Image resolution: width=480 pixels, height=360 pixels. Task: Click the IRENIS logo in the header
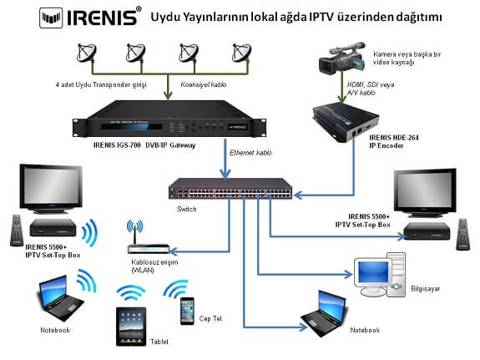[x=91, y=18]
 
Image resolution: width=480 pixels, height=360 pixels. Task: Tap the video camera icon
[x=342, y=58]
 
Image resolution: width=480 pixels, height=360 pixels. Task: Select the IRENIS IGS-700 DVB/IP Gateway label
[x=144, y=145]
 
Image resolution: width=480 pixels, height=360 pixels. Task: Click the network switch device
[x=230, y=189]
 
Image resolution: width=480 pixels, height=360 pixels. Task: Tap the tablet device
[x=131, y=327]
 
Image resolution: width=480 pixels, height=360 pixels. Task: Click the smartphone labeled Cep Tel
[x=187, y=311]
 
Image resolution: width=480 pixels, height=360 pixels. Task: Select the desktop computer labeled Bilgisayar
[x=380, y=275]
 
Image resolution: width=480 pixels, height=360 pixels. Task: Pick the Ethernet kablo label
[x=250, y=153]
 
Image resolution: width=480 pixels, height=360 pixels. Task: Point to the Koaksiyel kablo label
[x=204, y=84]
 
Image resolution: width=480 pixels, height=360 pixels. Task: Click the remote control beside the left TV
[x=17, y=231]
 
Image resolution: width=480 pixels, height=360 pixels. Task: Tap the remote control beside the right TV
[x=462, y=235]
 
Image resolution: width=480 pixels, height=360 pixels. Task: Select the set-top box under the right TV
[x=427, y=231]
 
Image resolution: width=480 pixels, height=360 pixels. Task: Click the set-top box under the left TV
[x=53, y=227]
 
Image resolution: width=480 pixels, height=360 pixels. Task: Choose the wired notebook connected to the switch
[x=324, y=313]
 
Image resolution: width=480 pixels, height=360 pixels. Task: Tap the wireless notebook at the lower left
[x=61, y=298]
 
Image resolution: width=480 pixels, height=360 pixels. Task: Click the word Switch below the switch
[x=186, y=210]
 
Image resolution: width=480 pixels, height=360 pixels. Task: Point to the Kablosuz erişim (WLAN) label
[x=154, y=266]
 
